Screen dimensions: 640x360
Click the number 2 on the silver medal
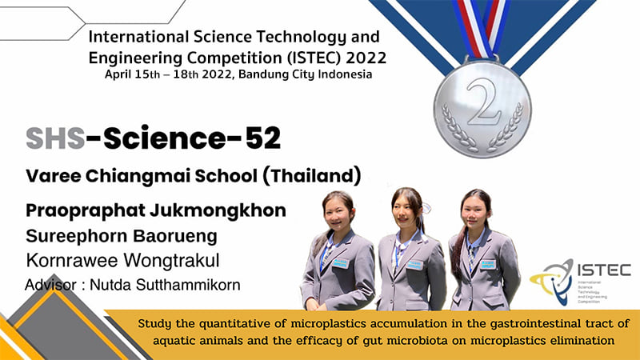[484, 102]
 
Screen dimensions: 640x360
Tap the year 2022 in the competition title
[366, 58]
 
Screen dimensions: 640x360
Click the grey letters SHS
[55, 138]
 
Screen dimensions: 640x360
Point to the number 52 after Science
[263, 138]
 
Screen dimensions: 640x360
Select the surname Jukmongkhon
[218, 210]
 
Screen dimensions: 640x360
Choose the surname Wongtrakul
[171, 261]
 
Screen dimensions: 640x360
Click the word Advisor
[50, 285]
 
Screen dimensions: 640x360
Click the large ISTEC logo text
[605, 270]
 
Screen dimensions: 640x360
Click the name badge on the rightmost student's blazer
[487, 265]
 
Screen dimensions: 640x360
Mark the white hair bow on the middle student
[426, 208]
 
